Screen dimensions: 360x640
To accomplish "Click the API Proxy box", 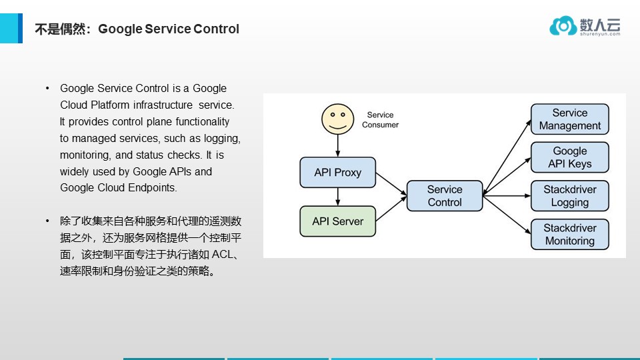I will pos(337,173).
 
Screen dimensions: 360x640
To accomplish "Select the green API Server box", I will pos(337,221).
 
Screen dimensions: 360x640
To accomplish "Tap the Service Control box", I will pos(444,196).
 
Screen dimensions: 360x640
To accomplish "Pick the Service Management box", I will pos(570,119).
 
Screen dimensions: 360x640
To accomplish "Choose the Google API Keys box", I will pos(570,157).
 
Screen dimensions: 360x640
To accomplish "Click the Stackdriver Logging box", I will pos(570,196).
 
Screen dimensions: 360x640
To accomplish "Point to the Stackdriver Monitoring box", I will pos(570,234).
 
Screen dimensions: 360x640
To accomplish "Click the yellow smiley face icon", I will pos(337,119).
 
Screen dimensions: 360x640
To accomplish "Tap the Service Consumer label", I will pos(380,120).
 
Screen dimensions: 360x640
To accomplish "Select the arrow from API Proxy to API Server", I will pos(338,197).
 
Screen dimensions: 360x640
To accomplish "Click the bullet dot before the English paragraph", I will pos(47,89).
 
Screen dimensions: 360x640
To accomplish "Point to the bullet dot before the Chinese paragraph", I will pos(47,221).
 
